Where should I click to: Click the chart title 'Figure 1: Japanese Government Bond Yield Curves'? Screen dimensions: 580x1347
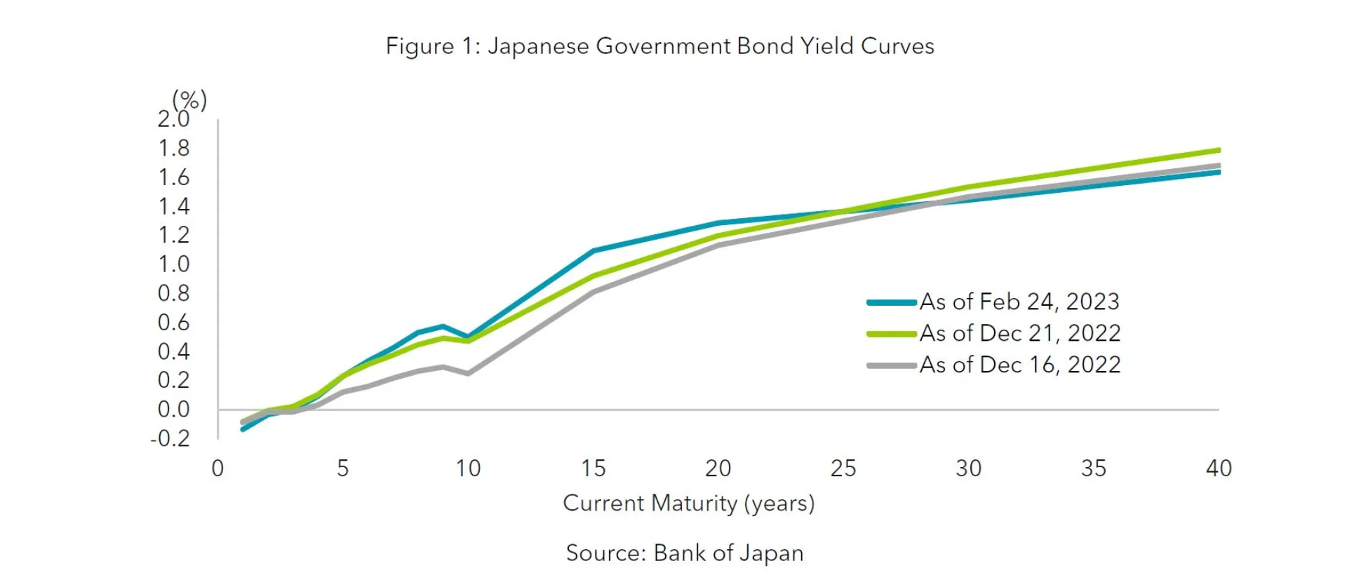pyautogui.click(x=659, y=46)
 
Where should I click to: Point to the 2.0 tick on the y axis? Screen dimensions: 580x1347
pyautogui.click(x=173, y=120)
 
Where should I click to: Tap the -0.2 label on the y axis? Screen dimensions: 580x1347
pyautogui.click(x=170, y=438)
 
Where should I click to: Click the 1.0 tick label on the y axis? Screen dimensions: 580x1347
pyautogui.click(x=173, y=264)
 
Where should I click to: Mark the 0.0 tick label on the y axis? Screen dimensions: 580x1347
pyautogui.click(x=173, y=410)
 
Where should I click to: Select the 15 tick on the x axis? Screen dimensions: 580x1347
pyautogui.click(x=593, y=468)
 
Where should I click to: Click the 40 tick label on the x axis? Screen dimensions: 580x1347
pyautogui.click(x=1219, y=468)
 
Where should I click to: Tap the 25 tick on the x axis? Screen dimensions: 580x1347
pyautogui.click(x=843, y=468)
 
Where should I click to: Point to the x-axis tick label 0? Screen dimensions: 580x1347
pyautogui.click(x=217, y=468)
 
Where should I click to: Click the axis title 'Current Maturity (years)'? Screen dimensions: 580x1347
pyautogui.click(x=688, y=504)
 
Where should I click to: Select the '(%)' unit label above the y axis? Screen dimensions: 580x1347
pyautogui.click(x=189, y=100)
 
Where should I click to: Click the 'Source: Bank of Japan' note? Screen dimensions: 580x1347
pyautogui.click(x=685, y=553)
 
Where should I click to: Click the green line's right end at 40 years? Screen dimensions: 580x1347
pyautogui.click(x=1219, y=150)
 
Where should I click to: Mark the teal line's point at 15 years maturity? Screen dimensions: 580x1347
pyautogui.click(x=594, y=250)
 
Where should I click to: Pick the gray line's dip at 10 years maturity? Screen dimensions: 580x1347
pyautogui.click(x=468, y=373)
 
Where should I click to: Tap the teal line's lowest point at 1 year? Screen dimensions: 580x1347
pyautogui.click(x=243, y=429)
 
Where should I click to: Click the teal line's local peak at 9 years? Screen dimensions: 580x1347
pyautogui.click(x=443, y=326)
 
